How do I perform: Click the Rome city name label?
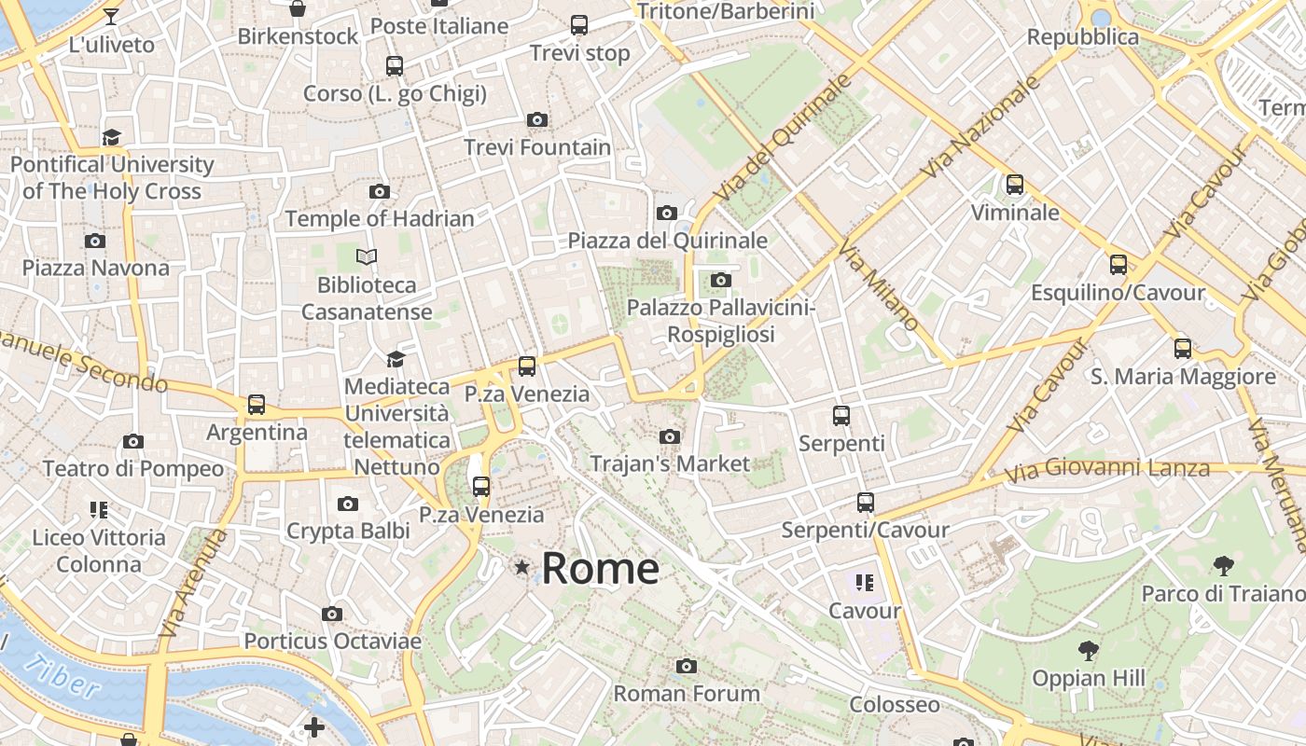(x=600, y=568)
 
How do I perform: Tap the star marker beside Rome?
(x=521, y=567)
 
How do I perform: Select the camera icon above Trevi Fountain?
(x=537, y=119)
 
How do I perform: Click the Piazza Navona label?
(x=96, y=269)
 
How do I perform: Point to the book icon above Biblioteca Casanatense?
(x=367, y=256)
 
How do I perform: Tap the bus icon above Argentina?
(x=257, y=405)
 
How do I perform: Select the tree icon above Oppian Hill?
(x=1088, y=650)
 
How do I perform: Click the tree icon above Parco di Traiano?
(x=1223, y=565)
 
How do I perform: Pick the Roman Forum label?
(x=687, y=694)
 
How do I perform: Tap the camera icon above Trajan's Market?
(x=669, y=436)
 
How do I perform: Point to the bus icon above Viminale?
(x=1015, y=185)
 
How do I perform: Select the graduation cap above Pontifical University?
(x=112, y=137)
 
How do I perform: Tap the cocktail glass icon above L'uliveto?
(x=111, y=17)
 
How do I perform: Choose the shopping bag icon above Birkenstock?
(x=298, y=9)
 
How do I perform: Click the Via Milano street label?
(x=878, y=284)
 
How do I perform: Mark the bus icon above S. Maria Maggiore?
(x=1183, y=349)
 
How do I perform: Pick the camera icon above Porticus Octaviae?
(x=332, y=614)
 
